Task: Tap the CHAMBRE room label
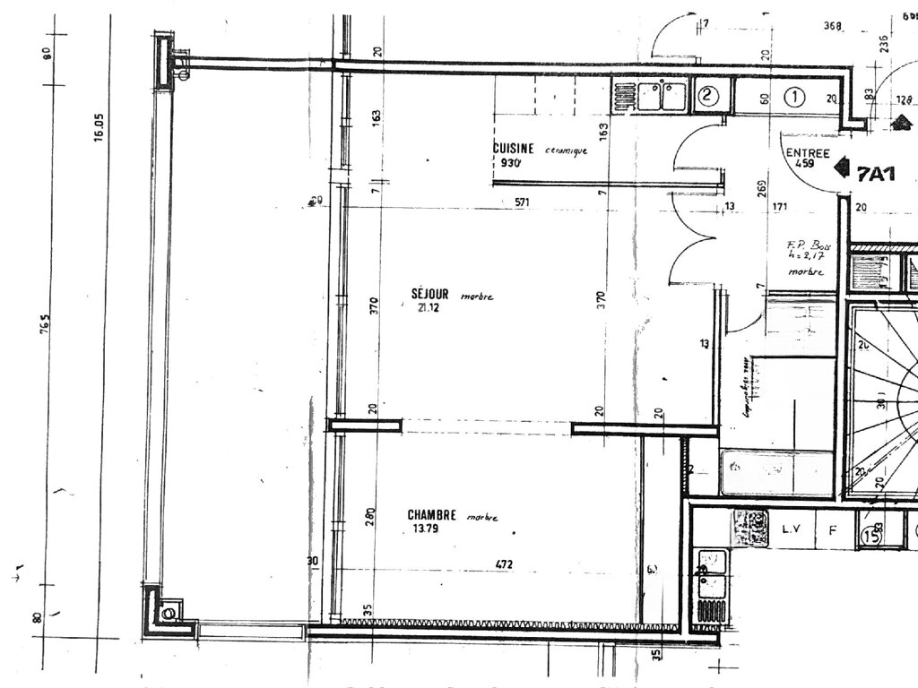(432, 515)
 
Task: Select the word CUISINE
(514, 149)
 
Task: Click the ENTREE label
(807, 152)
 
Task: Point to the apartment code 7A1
(876, 174)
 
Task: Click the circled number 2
(707, 96)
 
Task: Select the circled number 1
(794, 97)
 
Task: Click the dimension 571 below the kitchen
(523, 202)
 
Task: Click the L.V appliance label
(792, 530)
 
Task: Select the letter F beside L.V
(831, 530)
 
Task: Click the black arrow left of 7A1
(841, 167)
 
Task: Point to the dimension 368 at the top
(832, 26)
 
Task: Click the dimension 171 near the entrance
(779, 209)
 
